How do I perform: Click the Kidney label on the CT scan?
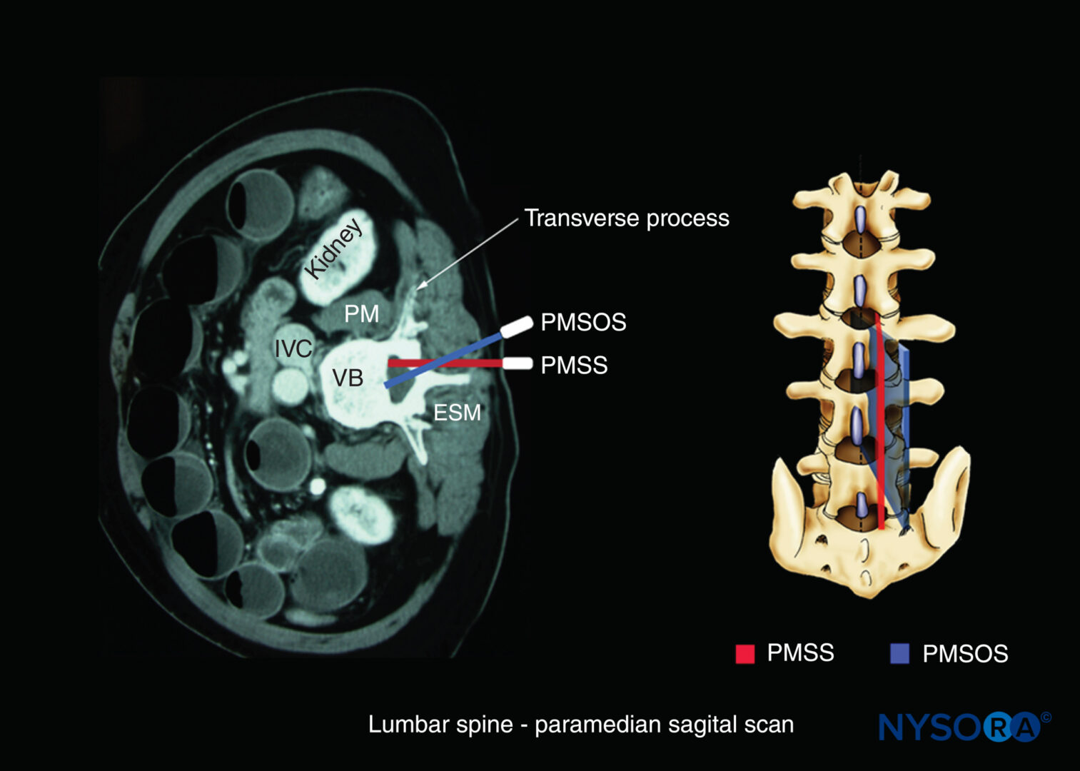coord(334,248)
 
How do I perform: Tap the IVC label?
coord(293,348)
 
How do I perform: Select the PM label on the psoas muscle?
coord(361,314)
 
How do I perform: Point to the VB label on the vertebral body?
coord(348,378)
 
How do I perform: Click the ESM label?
coord(457,413)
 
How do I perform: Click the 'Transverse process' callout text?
coord(626,218)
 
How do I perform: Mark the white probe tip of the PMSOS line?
coord(516,328)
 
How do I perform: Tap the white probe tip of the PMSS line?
coord(518,363)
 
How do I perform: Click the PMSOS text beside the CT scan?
coord(583,322)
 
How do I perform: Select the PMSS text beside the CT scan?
coord(574,365)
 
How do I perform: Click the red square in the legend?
coord(745,654)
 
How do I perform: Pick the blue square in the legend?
coord(899,654)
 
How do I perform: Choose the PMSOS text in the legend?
coord(965,654)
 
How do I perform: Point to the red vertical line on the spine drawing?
coord(879,421)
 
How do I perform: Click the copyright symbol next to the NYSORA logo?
coord(1046,717)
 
